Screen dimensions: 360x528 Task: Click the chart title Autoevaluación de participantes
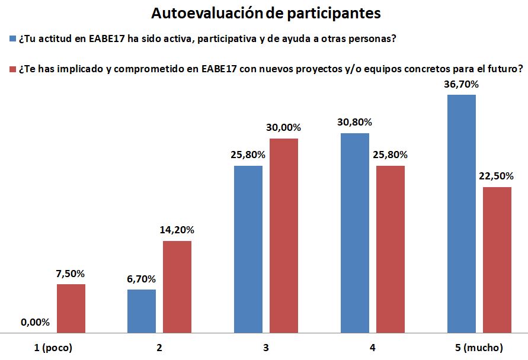pos(265,12)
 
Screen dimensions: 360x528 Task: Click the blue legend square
pos(12,40)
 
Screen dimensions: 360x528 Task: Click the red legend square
pos(12,69)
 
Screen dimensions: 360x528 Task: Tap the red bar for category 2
pos(177,287)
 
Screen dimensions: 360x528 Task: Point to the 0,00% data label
pos(35,323)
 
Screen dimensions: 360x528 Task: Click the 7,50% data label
pos(71,274)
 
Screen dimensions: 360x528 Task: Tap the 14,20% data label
pos(177,230)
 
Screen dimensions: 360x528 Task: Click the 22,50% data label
pos(497,176)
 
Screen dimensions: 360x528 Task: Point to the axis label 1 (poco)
pos(53,348)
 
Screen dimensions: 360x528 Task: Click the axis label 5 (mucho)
pos(479,348)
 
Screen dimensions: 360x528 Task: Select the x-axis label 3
pos(266,348)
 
